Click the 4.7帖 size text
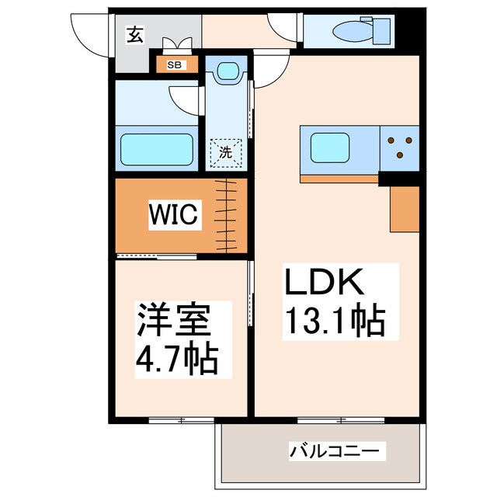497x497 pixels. click(177, 358)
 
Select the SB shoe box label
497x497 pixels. click(175, 64)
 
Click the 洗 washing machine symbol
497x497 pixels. click(225, 153)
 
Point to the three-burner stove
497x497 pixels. click(401, 147)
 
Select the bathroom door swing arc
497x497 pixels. click(185, 99)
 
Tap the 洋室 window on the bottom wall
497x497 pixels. click(180, 421)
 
